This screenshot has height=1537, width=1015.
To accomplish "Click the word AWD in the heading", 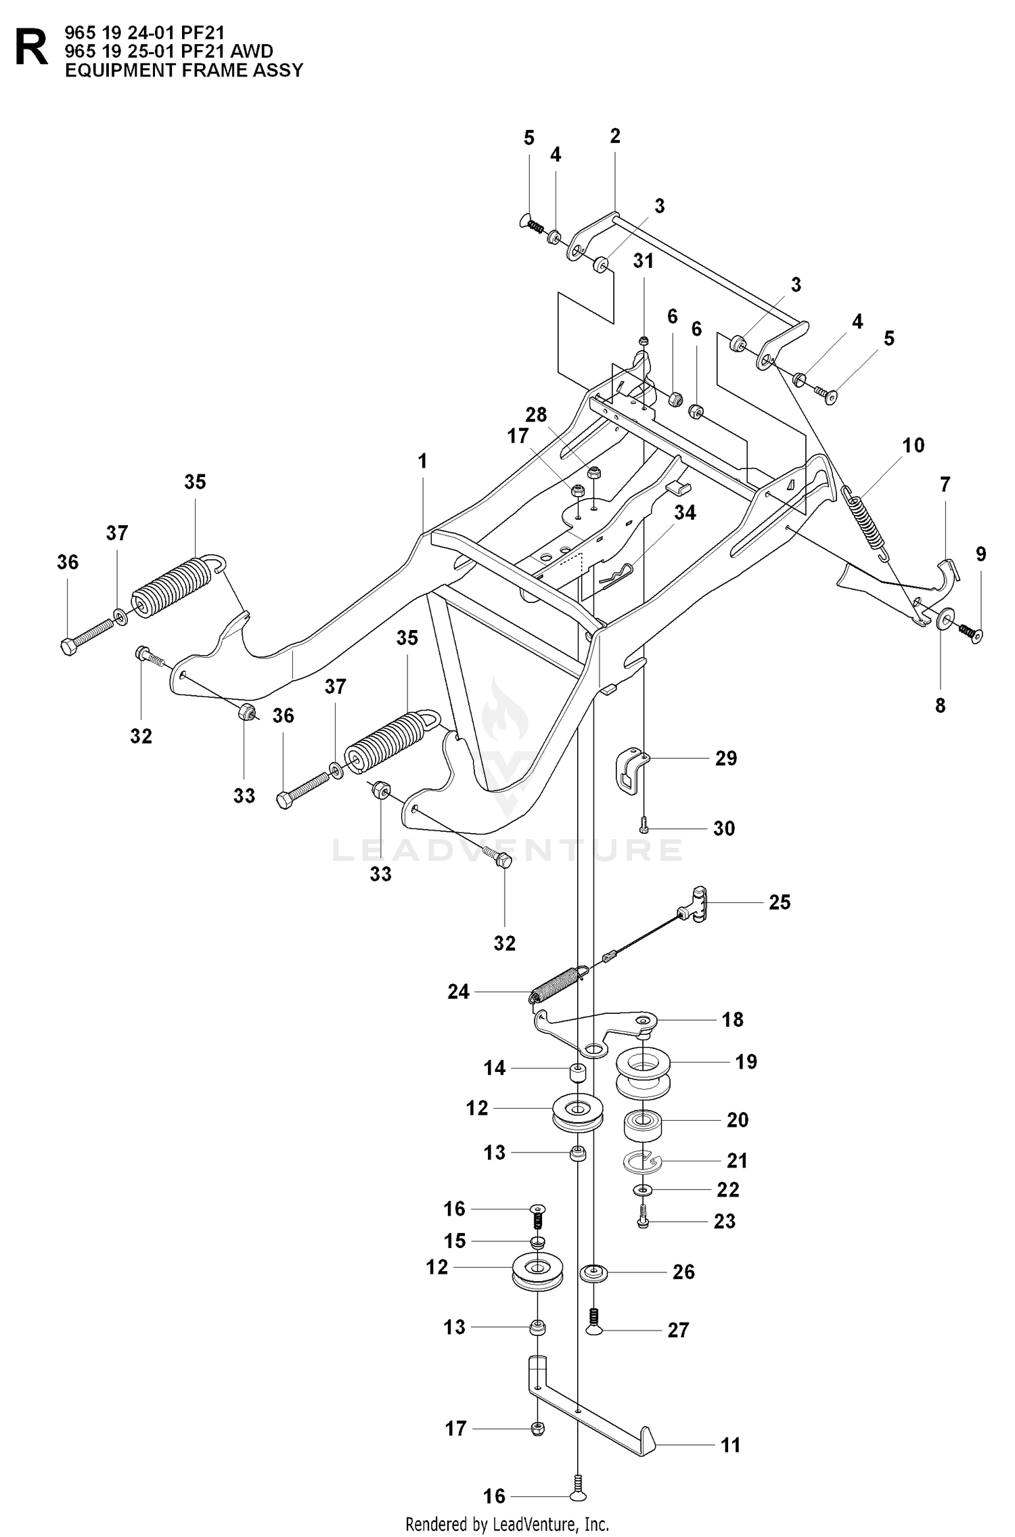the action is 252,51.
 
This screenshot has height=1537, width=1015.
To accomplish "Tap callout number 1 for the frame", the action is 423,462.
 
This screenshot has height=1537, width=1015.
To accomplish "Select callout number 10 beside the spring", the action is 913,445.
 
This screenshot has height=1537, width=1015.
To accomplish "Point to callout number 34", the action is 685,513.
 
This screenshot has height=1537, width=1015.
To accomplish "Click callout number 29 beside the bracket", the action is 726,759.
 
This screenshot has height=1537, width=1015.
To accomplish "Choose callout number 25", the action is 780,902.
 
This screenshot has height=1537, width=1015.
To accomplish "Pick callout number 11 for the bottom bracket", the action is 731,1446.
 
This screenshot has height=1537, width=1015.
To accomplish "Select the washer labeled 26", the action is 593,1272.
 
